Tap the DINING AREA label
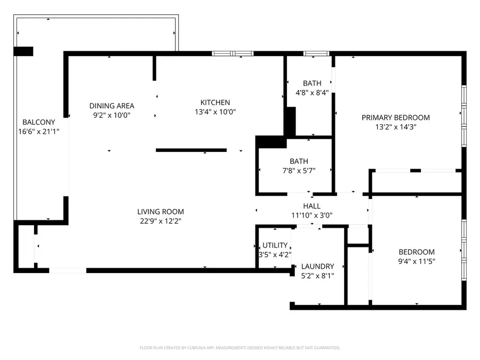[111, 106]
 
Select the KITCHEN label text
[215, 102]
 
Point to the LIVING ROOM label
[160, 212]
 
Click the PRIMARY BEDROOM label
[395, 117]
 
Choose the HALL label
[312, 206]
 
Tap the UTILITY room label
[275, 245]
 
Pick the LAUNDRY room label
[317, 266]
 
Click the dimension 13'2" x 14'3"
[395, 127]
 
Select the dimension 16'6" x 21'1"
[38, 131]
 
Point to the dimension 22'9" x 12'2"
[160, 221]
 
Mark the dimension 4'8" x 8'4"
[312, 92]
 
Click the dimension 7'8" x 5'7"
[299, 171]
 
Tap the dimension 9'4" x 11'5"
[417, 261]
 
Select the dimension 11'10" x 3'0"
[312, 215]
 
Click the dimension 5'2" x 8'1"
[317, 276]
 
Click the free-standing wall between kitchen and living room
[191, 150]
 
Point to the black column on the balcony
[23, 51]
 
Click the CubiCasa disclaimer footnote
[239, 348]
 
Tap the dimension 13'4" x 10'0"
[215, 112]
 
